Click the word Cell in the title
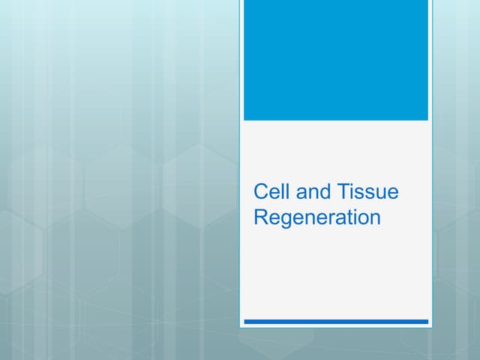tap(271, 192)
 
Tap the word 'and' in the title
tap(313, 192)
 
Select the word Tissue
tap(367, 192)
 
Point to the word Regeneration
tap(317, 218)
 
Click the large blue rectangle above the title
tap(336, 60)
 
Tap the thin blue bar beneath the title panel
tap(336, 322)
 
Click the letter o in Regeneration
tap(363, 219)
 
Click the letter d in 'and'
tap(325, 192)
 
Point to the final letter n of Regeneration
tap(375, 219)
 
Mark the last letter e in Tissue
tap(393, 193)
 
